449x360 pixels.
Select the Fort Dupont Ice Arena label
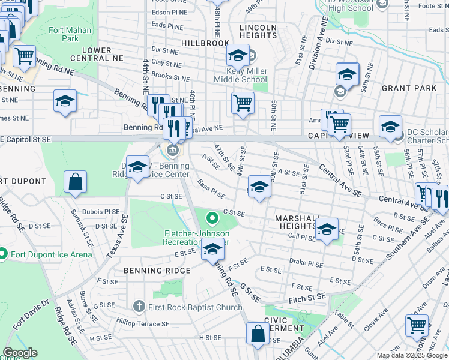(51, 254)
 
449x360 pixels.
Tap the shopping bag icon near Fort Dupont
(76, 182)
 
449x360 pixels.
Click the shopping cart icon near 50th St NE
(243, 103)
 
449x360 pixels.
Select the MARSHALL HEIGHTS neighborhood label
(295, 221)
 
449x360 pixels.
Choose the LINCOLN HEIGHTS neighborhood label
(258, 32)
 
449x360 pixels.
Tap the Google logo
(20, 353)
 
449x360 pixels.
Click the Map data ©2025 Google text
(411, 355)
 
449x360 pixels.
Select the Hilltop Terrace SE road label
(144, 323)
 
